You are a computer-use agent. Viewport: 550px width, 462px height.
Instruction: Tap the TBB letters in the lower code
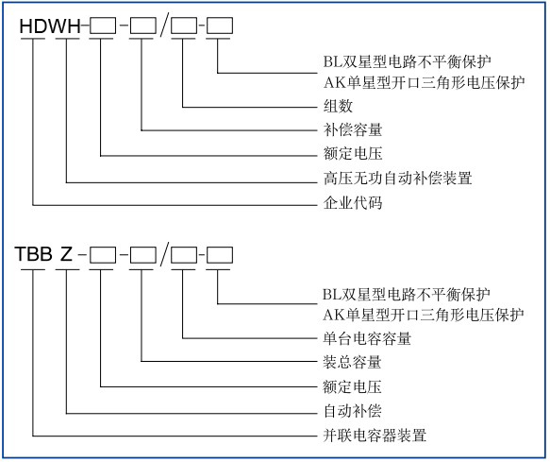(33, 254)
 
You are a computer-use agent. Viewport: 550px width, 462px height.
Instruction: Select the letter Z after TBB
(66, 254)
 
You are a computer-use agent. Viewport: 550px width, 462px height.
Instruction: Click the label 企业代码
(341, 203)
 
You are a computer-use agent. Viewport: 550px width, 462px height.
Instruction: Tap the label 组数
(325, 106)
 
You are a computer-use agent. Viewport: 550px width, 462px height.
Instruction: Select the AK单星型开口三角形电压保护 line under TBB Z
(416, 314)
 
